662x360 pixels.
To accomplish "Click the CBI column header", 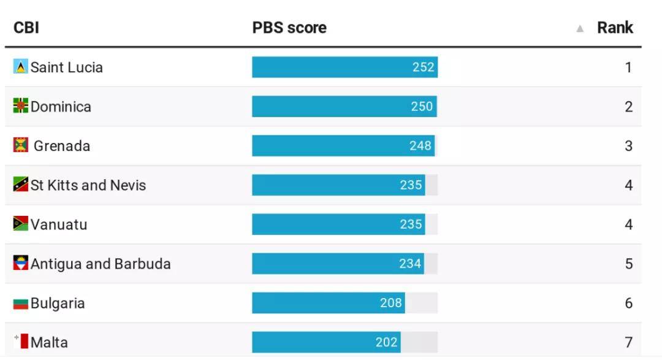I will point(26,28).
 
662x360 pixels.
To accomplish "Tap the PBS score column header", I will point(289,28).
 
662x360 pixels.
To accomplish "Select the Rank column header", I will point(615,28).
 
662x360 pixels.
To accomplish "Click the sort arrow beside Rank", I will point(580,28).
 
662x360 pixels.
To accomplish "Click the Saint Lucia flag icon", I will point(21,66).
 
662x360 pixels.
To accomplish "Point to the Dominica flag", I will point(21,105).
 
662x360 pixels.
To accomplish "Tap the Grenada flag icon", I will point(21,145).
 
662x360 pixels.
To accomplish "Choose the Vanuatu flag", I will point(21,224).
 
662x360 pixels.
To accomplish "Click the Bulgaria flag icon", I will point(21,303).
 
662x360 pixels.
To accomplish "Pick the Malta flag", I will point(21,342).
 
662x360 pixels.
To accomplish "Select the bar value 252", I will point(424,67).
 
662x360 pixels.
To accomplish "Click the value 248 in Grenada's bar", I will point(420,146).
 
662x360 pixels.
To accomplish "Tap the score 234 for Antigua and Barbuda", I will point(410,264).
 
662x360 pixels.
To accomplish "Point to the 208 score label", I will point(390,303).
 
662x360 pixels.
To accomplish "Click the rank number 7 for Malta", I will point(628,342).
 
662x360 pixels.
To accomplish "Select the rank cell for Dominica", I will point(628,107).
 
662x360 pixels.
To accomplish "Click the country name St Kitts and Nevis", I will point(88,185).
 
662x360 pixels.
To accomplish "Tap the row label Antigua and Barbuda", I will point(101,264).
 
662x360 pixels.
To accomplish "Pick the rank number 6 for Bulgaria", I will point(628,303).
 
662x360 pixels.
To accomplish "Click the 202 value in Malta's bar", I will point(387,342).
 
